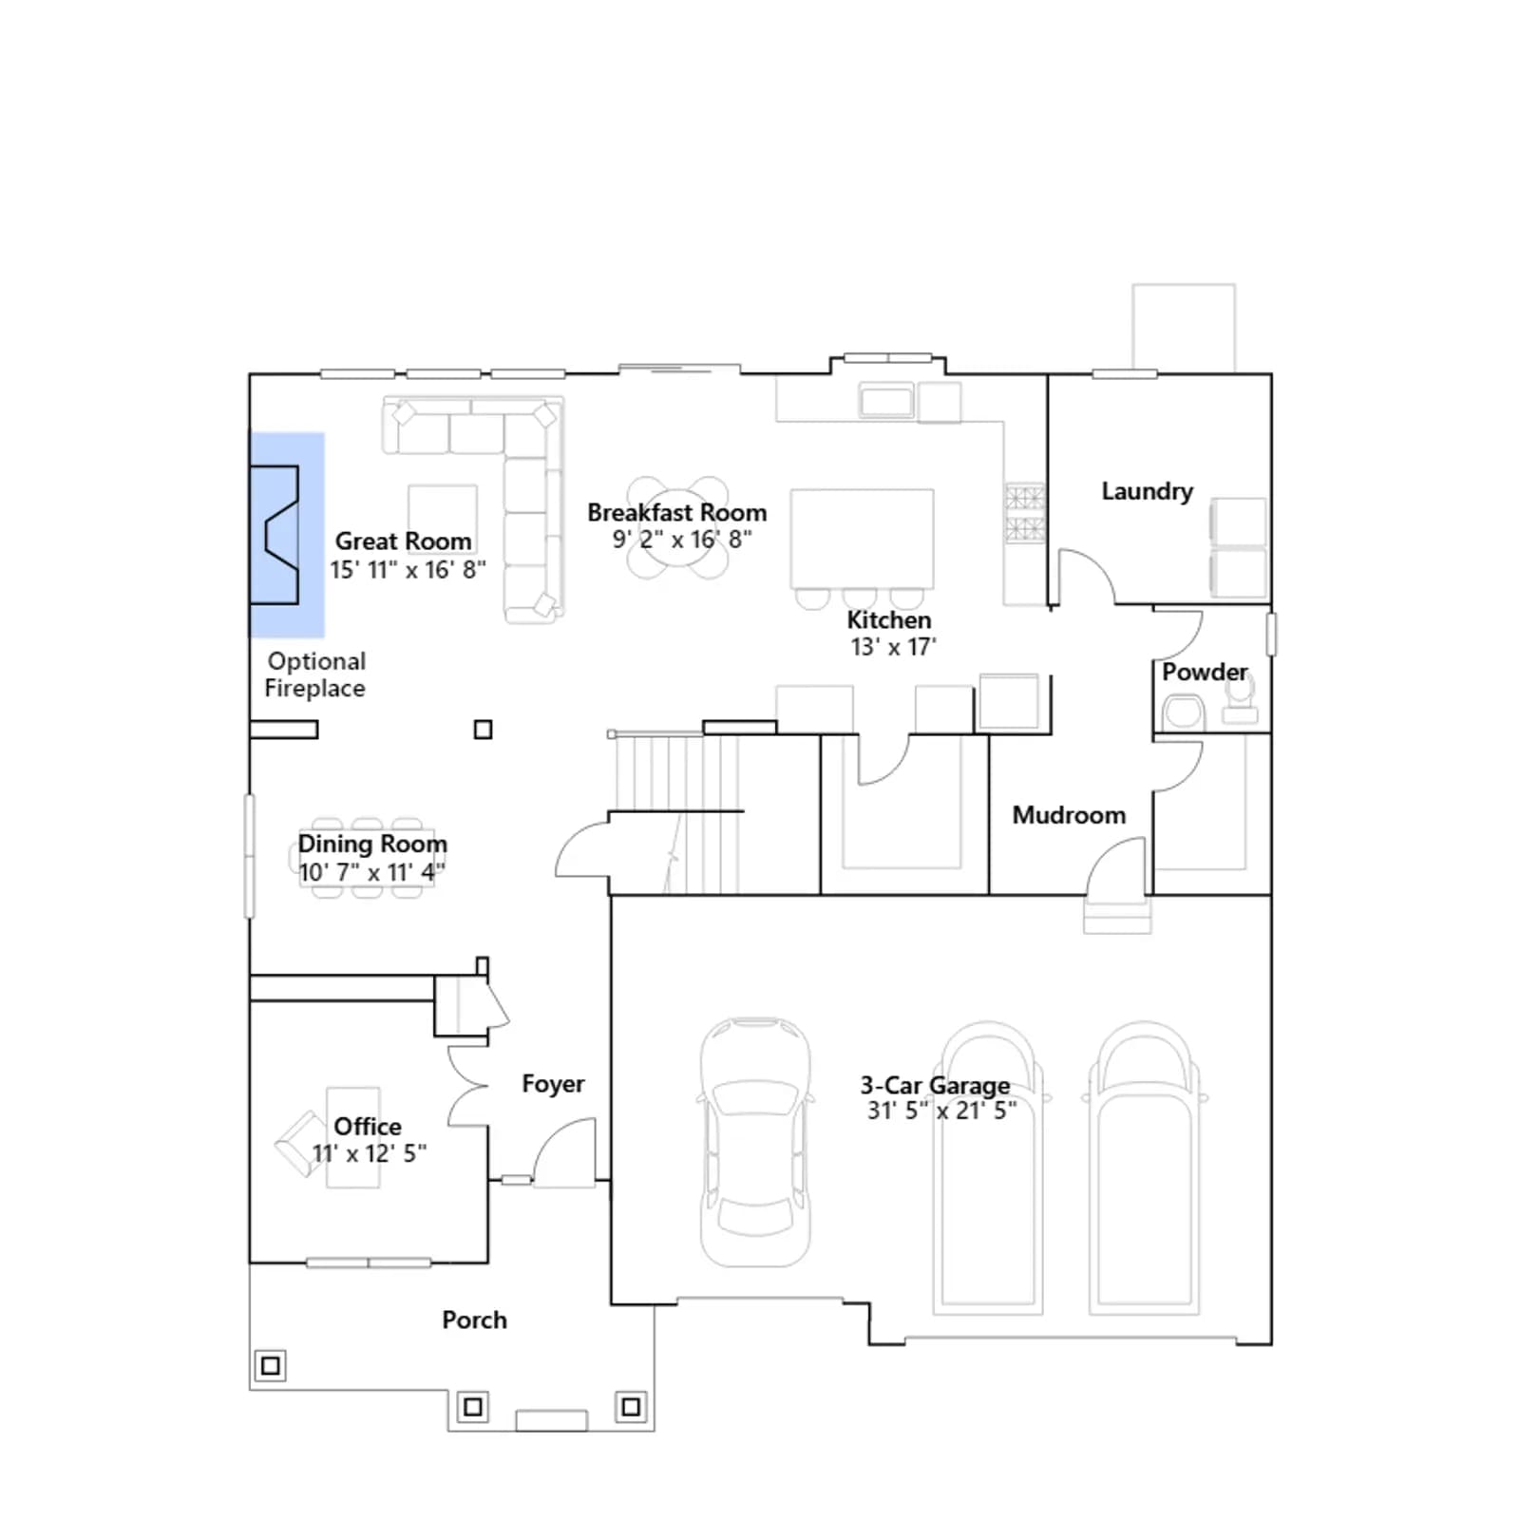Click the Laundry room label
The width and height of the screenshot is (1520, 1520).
pos(1147,491)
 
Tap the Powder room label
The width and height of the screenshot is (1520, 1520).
pos(1205,672)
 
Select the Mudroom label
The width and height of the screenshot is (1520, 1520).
pos(1069,815)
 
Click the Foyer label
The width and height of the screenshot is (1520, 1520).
pos(553,1084)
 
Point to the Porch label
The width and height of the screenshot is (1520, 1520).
pos(474,1320)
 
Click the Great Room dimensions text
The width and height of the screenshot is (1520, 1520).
pos(408,570)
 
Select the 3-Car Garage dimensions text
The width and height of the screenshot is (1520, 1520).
pos(941,1111)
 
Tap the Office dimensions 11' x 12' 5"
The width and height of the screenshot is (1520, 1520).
pos(370,1153)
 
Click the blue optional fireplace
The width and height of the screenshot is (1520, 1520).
pos(287,535)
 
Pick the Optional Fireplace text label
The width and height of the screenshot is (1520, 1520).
pos(315,674)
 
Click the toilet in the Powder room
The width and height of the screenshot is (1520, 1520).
pos(1182,712)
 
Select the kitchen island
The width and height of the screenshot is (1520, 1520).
pos(862,539)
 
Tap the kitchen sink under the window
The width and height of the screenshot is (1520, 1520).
pos(886,400)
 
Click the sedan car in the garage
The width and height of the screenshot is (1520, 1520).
pos(756,1142)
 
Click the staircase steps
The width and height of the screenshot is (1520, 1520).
pos(675,812)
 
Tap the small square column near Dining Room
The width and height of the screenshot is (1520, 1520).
pos(483,730)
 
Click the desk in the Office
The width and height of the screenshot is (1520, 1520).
pos(353,1137)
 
